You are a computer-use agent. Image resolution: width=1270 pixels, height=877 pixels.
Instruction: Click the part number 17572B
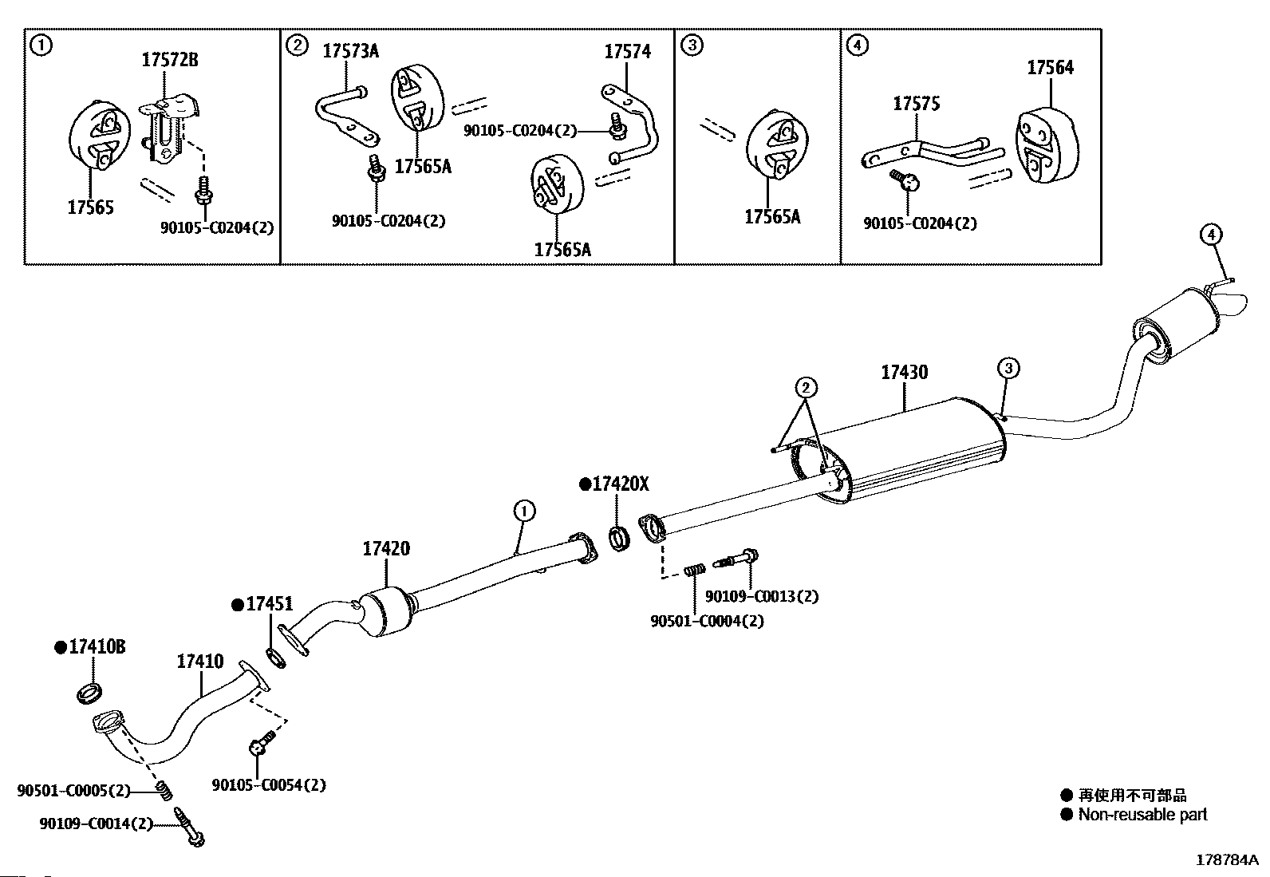coord(170,60)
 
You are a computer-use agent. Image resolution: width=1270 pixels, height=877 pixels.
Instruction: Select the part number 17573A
coord(350,51)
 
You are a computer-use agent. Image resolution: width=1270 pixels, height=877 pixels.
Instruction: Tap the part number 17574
coord(627,52)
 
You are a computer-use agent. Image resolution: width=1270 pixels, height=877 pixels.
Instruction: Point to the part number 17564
coord(1050,68)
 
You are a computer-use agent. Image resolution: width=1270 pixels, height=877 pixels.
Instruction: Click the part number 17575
coord(917,103)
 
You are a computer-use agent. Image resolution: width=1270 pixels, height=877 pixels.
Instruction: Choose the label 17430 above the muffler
coord(905,372)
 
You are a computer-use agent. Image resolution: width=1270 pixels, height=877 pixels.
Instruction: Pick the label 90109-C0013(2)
coord(761,596)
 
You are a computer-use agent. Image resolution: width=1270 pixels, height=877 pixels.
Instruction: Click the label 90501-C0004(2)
coord(707,621)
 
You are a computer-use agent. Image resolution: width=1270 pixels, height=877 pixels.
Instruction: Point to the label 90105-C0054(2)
coord(269,785)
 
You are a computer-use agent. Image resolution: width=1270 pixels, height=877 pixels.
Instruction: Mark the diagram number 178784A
coord(1227,860)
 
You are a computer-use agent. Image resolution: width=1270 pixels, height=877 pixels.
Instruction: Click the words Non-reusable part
coord(1142,815)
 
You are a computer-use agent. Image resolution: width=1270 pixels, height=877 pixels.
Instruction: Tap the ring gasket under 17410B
coord(89,693)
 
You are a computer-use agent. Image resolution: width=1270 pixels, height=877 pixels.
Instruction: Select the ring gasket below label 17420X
coord(619,539)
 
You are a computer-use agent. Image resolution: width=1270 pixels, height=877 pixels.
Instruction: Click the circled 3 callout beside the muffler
coord(1008,368)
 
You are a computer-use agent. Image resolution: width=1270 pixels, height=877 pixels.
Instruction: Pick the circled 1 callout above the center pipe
coord(524,511)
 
